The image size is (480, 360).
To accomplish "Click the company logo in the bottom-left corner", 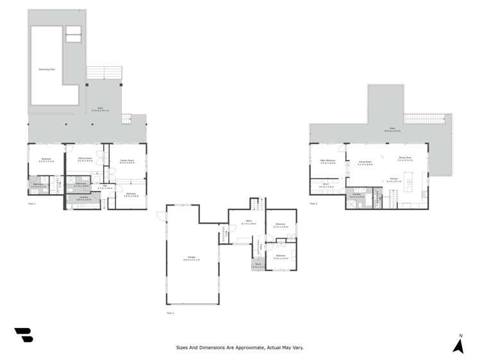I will click(23, 335).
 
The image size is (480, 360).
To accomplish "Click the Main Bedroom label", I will click(327, 161).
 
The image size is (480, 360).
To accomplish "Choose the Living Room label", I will click(366, 164).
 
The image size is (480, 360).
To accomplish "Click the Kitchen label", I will click(394, 181).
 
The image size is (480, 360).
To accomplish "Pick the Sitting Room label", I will click(85, 160).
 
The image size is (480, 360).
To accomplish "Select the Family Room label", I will click(127, 161).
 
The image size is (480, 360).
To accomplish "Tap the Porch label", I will click(258, 265).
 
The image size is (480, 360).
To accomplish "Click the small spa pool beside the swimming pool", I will click(72, 34).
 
